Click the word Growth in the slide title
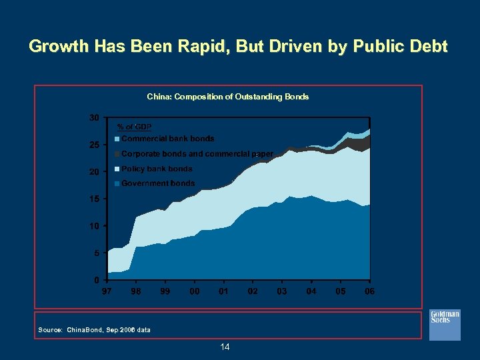59,47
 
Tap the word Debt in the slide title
424,47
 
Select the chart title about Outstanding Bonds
227,97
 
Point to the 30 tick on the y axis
95,117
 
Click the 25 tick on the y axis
95,145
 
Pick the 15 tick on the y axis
95,199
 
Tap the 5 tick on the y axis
97,253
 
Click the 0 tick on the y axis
97,280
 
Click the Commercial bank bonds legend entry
167,139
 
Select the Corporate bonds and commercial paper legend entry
196,154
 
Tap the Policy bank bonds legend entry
156,169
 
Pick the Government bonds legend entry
157,183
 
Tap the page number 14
225,347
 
